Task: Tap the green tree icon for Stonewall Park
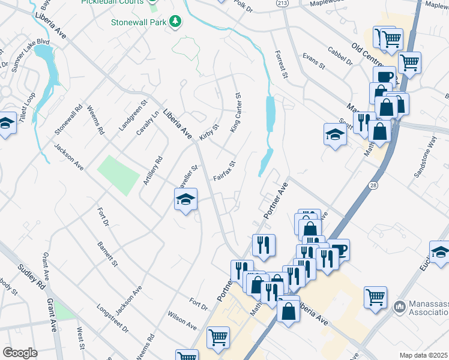pos(175,22)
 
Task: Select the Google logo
pos(20,353)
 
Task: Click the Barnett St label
pos(109,253)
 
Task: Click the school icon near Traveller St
pos(186,199)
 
